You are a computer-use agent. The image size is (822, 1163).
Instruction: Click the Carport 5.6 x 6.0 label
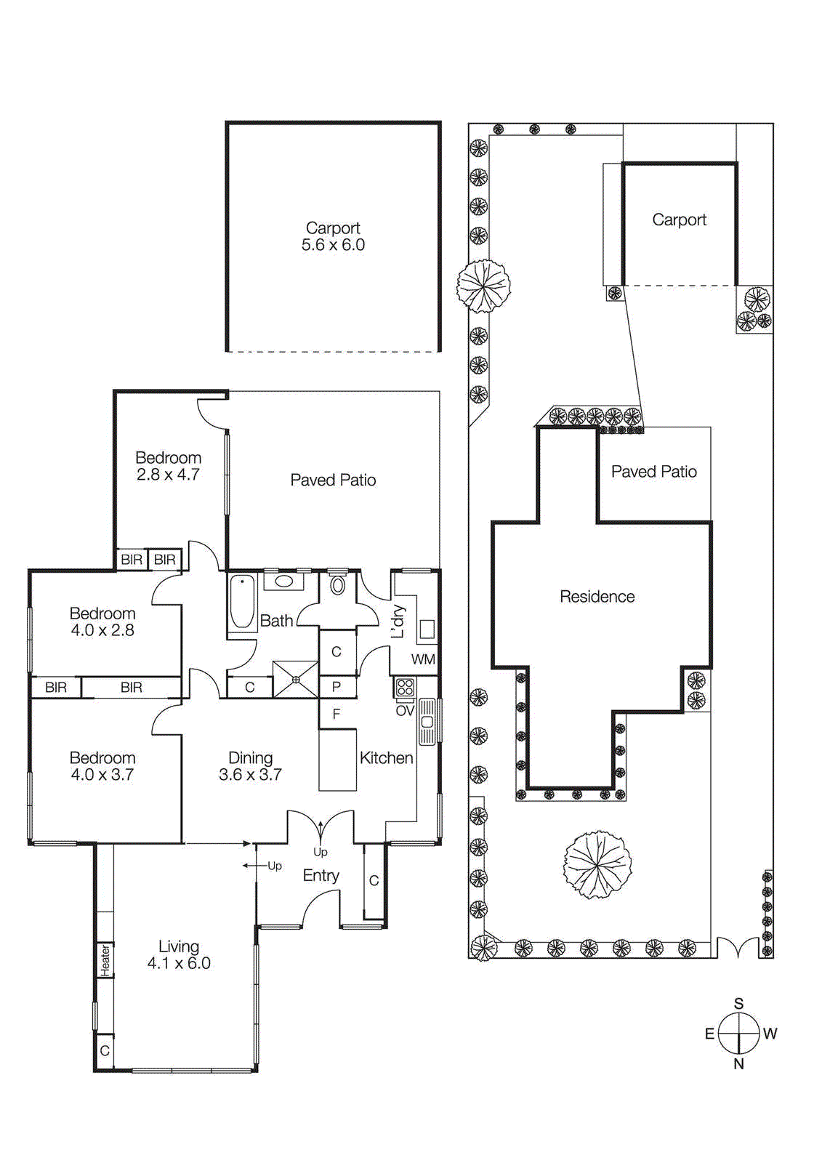coord(333,237)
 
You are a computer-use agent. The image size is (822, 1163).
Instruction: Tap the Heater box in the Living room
coord(105,960)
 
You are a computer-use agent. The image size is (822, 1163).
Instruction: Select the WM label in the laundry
coord(423,660)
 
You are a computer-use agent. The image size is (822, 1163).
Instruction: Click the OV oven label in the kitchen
coord(405,711)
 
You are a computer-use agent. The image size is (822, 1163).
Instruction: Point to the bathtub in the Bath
coord(242,601)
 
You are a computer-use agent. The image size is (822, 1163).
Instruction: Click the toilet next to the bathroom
coord(338,585)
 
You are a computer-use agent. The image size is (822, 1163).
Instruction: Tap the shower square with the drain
coord(296,680)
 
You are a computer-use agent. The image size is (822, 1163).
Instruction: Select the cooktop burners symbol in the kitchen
coord(405,687)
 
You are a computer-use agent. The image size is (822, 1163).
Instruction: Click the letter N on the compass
coord(738,1064)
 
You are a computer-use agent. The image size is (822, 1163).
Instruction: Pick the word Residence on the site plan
coord(597,597)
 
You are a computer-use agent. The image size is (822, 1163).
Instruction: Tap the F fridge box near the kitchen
coord(337,714)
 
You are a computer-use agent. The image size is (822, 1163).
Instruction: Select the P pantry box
coord(337,687)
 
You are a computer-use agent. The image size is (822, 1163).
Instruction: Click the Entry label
coord(321,876)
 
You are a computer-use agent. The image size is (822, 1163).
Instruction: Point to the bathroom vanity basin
coord(283,581)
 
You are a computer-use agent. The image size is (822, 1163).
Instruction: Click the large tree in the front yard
coord(597,865)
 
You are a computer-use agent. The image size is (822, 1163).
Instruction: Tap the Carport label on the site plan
coord(679,220)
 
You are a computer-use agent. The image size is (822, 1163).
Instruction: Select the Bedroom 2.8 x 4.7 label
coord(168,466)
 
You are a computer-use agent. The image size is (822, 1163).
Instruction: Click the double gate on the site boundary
coord(738,949)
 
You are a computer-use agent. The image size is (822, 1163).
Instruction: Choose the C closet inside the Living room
coord(105,1051)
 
